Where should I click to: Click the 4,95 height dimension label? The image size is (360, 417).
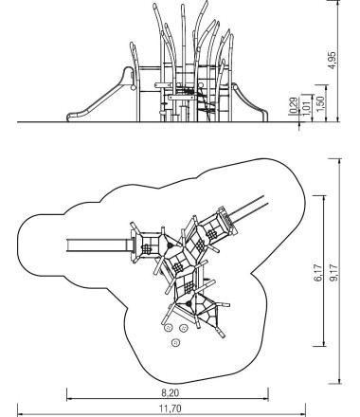click(x=333, y=61)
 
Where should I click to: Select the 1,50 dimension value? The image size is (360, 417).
click(x=320, y=103)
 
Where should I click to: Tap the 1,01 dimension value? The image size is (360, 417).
click(x=307, y=107)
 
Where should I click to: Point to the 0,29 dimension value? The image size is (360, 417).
click(x=294, y=105)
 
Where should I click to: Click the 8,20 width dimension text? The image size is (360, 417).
click(x=171, y=393)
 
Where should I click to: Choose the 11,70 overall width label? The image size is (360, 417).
click(x=171, y=408)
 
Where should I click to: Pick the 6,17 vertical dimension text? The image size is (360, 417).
click(x=318, y=272)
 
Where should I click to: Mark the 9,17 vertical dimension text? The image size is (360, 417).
click(x=333, y=272)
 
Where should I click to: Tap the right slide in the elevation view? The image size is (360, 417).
click(x=249, y=101)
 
